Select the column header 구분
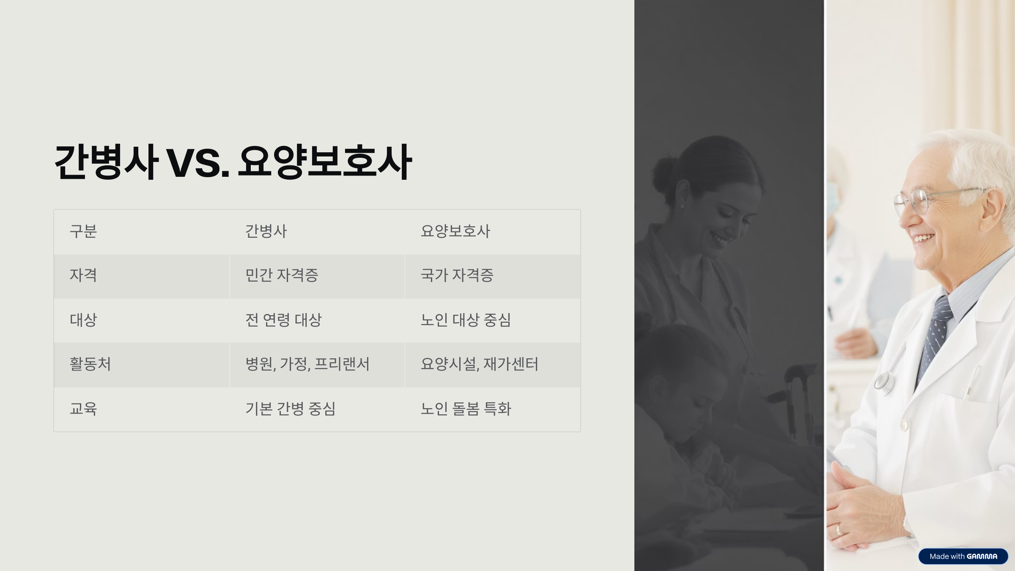pos(83,231)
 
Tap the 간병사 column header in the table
pos(266,231)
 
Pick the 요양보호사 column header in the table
pos(455,231)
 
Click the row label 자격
pos(83,275)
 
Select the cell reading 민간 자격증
pos(282,275)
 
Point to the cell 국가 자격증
pos(457,275)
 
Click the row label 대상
pos(83,320)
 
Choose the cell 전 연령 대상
pos(283,320)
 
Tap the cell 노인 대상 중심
pos(466,320)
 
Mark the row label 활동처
pos(90,364)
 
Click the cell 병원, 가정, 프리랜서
pos(307,364)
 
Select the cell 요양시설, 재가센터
pos(480,364)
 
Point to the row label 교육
pos(83,409)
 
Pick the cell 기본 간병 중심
pos(291,409)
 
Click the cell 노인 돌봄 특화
pos(466,409)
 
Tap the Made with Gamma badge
pos(963,556)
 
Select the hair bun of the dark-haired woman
pos(665,173)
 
